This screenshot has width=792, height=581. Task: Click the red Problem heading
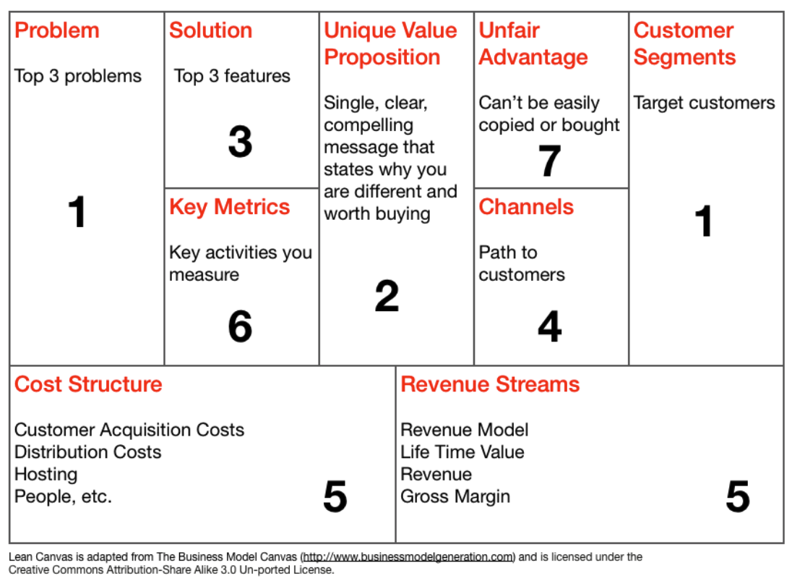coord(56,30)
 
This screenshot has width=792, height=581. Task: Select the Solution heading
coord(210,30)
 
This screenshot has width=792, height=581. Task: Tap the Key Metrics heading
coord(229,208)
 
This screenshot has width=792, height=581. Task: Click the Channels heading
coord(526,207)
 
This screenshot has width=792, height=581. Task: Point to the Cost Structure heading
coord(88,384)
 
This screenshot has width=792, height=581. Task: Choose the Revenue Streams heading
coord(490,384)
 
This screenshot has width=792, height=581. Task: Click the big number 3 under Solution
coord(240,142)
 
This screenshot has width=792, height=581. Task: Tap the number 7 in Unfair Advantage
coord(549,161)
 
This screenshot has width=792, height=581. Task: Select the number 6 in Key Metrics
coord(240,326)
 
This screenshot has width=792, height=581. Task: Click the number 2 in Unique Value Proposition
coord(387,296)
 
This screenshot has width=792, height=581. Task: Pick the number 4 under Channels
coord(549,326)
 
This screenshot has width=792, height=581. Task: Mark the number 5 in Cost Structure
coord(335,496)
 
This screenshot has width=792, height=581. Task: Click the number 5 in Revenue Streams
coord(738,496)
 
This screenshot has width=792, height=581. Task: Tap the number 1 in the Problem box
coord(77,212)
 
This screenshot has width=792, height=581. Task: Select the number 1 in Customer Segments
coord(704,221)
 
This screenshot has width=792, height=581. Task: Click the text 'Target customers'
coord(704,103)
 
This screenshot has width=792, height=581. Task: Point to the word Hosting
coord(46,475)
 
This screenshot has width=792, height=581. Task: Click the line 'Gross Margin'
coord(455,497)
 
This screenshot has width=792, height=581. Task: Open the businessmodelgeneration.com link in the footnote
coord(408,556)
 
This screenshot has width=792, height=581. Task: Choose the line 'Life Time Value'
coord(462,452)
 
